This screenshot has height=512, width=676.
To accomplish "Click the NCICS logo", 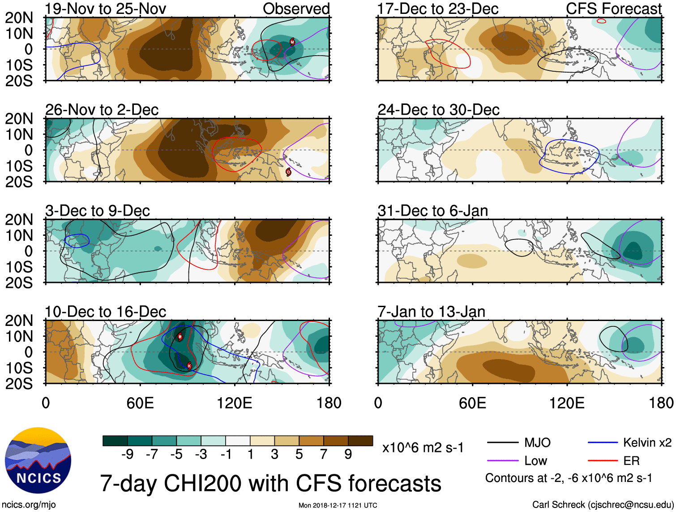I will tap(38, 460).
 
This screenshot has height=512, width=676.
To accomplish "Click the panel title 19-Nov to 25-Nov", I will tap(106, 9).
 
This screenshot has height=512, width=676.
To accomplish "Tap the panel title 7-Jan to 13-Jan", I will tap(431, 312).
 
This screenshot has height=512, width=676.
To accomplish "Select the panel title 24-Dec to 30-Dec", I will tap(438, 110).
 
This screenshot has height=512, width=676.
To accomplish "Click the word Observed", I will tap(296, 9).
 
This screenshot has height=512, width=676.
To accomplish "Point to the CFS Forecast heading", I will tap(613, 9).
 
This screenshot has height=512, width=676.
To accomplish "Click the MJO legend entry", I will tap(537, 443).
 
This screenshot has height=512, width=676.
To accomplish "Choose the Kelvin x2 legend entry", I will tap(647, 443).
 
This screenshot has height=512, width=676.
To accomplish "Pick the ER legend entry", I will tap(631, 461).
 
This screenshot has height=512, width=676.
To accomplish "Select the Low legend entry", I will tap(535, 461).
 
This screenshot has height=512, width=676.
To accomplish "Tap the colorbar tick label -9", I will tap(127, 455).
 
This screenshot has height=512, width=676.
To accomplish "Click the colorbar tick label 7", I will tap(324, 455).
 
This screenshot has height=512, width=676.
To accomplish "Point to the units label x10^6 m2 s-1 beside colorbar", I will tap(423, 448).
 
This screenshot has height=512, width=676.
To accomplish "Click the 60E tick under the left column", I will tap(140, 403).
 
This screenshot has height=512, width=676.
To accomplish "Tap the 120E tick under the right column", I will tap(567, 403).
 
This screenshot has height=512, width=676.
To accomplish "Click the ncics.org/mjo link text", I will tap(29, 505).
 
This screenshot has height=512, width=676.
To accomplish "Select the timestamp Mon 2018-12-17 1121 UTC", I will tap(338, 505).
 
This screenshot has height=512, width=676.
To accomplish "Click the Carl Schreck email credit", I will tap(603, 505).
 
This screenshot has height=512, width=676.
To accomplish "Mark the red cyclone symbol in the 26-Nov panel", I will tap(288, 172).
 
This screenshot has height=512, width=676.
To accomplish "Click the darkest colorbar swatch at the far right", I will tap(360, 441).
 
